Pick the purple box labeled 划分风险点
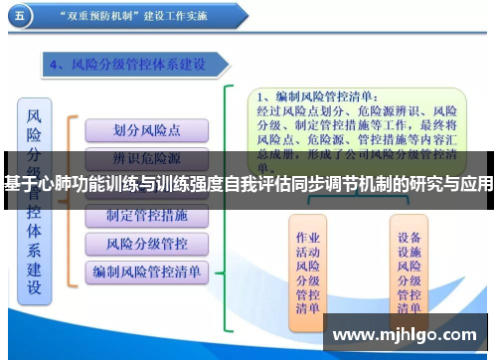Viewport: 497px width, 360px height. (147, 130)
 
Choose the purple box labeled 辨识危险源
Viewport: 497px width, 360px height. (147, 157)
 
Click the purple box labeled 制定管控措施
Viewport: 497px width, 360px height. (147, 215)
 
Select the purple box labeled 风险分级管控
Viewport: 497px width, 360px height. (147, 243)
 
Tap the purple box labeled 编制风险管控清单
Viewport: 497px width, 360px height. (147, 270)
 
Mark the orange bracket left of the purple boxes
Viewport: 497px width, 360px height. (71, 199)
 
